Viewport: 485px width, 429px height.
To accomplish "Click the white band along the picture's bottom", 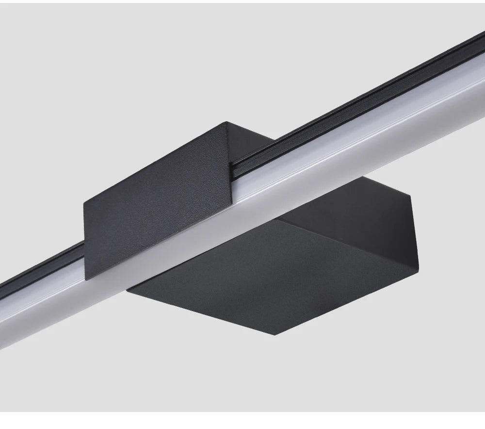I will coord(242,420).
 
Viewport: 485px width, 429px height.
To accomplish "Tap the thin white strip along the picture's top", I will coord(242,1).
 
